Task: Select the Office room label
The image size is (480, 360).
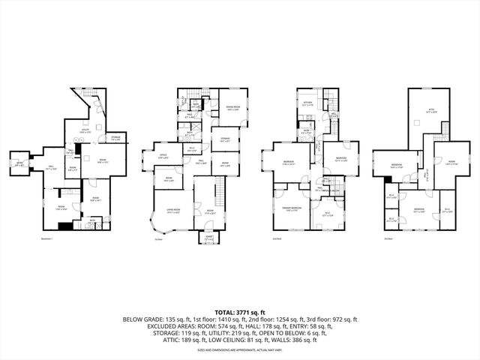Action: click(x=162, y=156)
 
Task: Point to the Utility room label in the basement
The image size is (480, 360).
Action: click(x=86, y=130)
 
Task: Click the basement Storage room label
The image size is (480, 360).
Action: click(x=115, y=139)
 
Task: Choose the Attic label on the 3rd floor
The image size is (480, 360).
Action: click(x=431, y=111)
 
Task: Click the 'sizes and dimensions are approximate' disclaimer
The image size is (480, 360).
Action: click(x=239, y=349)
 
